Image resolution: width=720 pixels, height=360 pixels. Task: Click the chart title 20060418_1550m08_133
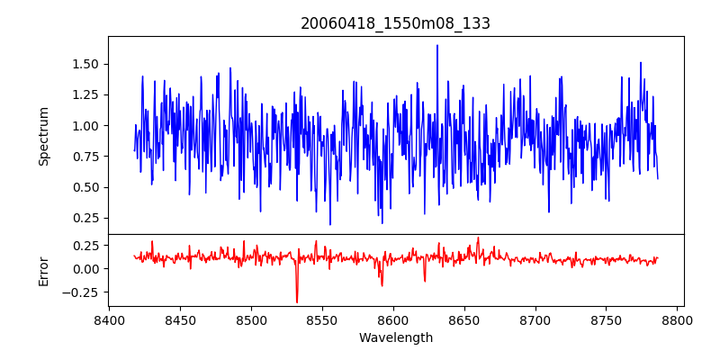click(x=395, y=24)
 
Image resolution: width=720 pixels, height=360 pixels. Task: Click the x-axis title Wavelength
click(x=395, y=338)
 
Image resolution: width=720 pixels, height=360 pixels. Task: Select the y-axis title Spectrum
click(x=43, y=136)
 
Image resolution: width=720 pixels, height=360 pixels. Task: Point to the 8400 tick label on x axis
click(x=109, y=320)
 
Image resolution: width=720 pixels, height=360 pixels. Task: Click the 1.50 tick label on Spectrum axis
click(x=86, y=64)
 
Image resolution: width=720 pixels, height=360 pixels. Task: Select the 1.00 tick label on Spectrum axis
click(x=86, y=126)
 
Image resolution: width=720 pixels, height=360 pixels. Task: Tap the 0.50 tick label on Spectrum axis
click(x=86, y=187)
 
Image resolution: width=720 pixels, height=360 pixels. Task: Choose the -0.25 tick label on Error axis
click(x=84, y=292)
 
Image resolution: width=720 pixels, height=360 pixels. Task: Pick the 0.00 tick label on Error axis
click(x=86, y=269)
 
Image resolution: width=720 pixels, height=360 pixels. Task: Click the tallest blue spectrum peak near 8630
click(x=437, y=46)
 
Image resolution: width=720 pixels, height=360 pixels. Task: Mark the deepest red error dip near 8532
click(x=297, y=301)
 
